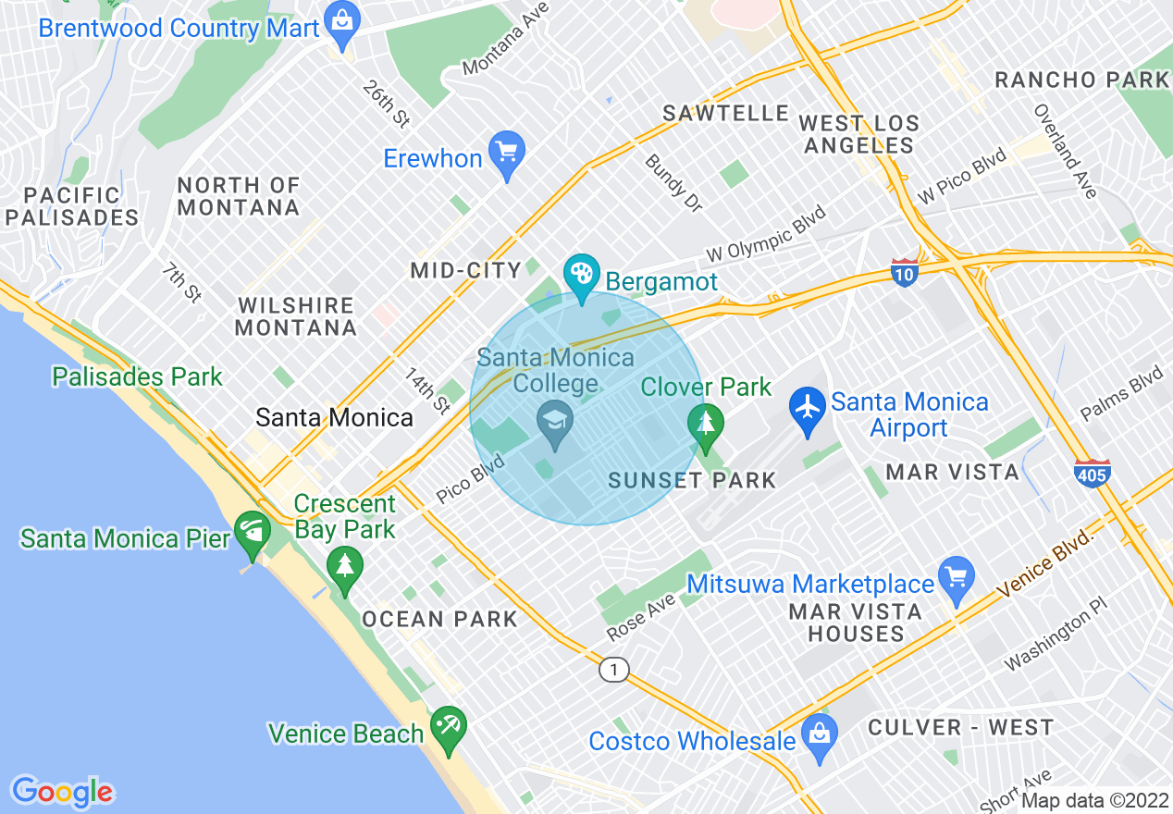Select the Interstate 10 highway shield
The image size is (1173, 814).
[x=905, y=271]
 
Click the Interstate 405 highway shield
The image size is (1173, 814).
[x=1092, y=473]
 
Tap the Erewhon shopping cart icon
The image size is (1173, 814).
[x=506, y=151]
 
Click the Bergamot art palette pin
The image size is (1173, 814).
[x=582, y=275]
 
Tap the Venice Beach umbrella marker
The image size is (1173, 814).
[x=449, y=727]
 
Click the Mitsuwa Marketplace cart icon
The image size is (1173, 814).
[x=956, y=577]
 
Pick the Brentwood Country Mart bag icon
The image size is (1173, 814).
[x=343, y=22]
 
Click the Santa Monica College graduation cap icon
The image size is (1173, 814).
[x=556, y=422]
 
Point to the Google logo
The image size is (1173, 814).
[x=62, y=791]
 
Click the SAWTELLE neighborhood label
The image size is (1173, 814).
[x=725, y=113]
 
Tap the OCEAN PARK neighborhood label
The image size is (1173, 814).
[x=439, y=619]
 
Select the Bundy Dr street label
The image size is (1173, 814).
[x=673, y=183]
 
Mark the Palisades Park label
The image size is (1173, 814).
[x=137, y=376]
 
